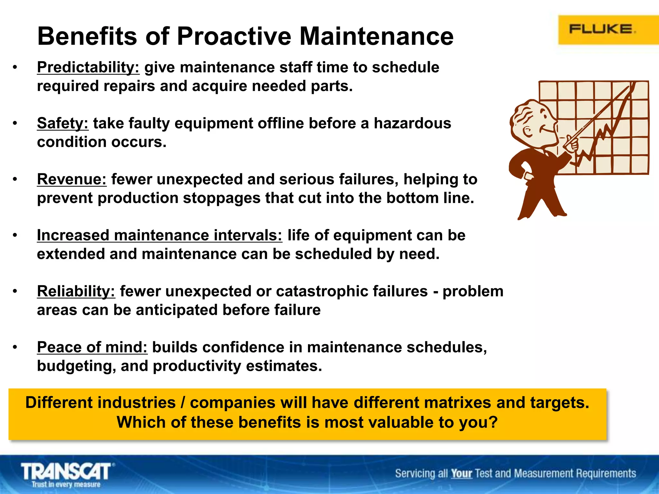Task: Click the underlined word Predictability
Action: point(88,68)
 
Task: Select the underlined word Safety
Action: point(62,123)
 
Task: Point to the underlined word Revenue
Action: point(71,179)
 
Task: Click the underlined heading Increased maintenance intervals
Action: point(159,235)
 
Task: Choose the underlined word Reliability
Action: point(76,291)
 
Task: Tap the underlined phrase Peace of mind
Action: point(92,347)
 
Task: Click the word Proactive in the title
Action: point(234,36)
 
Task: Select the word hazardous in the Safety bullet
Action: point(412,123)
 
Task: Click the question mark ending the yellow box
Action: point(493,422)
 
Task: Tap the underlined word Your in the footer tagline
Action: point(461,474)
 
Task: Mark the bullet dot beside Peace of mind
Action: point(15,347)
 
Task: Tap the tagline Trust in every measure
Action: point(66,484)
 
